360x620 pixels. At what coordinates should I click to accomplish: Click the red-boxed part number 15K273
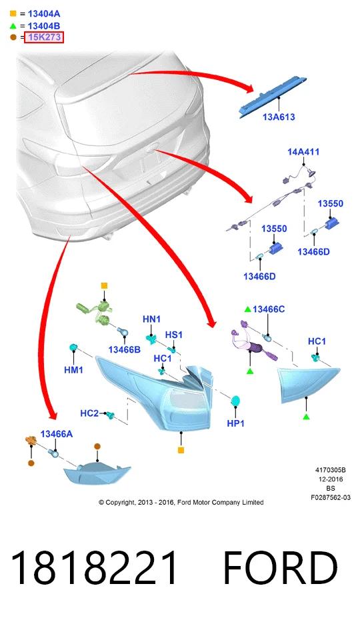43,37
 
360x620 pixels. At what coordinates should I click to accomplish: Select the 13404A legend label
44,14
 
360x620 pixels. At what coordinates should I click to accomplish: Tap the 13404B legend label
44,26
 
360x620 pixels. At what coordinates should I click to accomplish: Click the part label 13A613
279,117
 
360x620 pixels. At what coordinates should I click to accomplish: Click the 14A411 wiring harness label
303,151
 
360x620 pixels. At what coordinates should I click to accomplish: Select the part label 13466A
57,434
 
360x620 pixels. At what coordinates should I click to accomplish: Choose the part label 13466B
124,349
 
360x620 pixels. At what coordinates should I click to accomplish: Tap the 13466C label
269,309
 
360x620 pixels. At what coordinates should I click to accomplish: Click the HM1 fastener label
73,370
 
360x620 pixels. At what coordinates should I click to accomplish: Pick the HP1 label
235,423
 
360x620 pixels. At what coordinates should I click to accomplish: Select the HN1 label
151,319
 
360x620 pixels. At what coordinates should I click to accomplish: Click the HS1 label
174,335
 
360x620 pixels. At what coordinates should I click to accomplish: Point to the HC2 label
89,413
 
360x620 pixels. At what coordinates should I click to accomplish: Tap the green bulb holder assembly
95,312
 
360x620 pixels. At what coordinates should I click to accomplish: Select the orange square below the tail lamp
181,450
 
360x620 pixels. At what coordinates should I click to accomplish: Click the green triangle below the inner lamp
306,417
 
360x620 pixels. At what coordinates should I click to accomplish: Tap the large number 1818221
94,568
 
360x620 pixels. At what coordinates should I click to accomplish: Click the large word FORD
281,568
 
